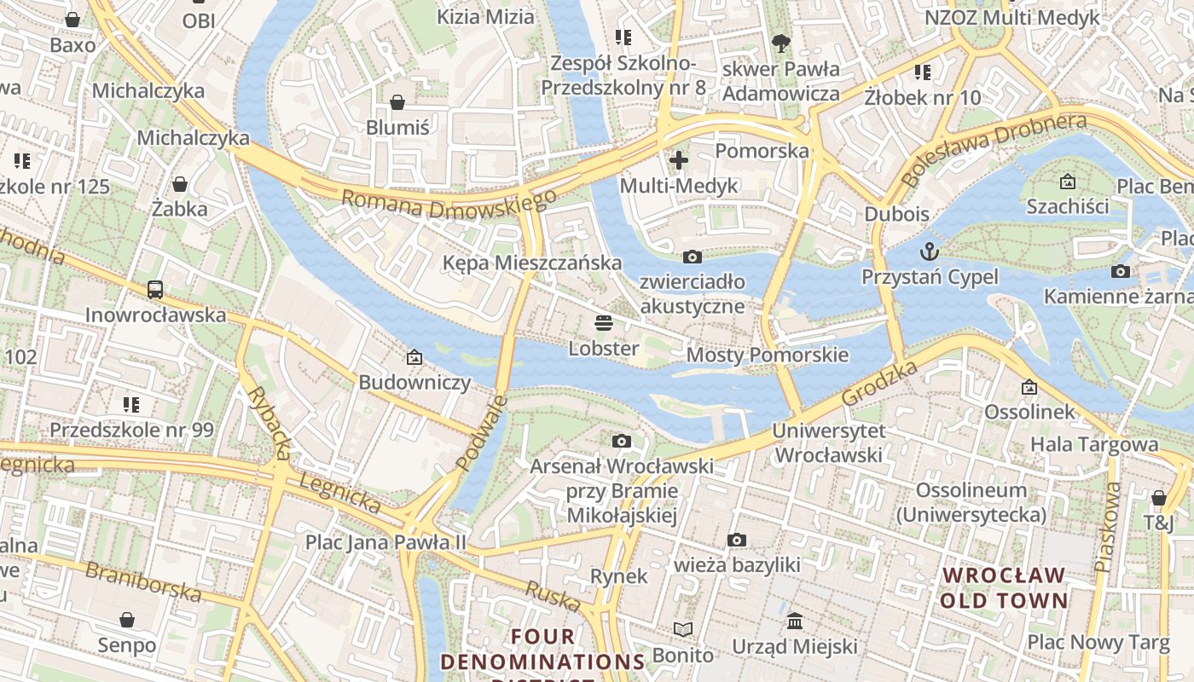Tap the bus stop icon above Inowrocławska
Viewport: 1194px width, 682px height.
click(x=154, y=290)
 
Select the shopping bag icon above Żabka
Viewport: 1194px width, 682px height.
click(x=180, y=184)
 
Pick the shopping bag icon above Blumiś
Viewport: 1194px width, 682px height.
click(x=397, y=103)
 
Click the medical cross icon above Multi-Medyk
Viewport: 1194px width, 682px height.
click(x=679, y=159)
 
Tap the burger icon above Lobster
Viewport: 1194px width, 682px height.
click(x=604, y=323)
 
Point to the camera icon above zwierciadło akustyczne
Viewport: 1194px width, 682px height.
click(x=693, y=257)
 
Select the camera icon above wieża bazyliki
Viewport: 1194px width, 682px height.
click(x=737, y=540)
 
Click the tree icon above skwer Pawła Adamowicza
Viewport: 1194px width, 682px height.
click(x=780, y=43)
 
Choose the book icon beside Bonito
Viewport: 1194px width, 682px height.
click(x=682, y=630)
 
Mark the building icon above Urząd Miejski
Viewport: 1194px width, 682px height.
click(x=795, y=621)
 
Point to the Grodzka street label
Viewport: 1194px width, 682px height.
click(x=879, y=383)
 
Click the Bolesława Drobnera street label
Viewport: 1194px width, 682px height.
click(x=994, y=148)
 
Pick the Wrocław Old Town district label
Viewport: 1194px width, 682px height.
click(x=1004, y=587)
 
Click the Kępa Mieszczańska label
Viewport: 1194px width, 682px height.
click(x=532, y=263)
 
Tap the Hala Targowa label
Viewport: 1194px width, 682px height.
click(x=1094, y=444)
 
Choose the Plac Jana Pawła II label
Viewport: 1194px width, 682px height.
click(x=386, y=542)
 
